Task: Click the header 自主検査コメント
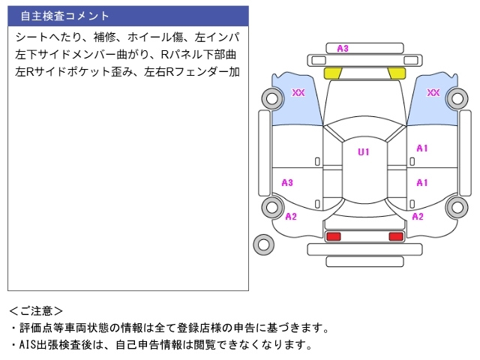(65, 16)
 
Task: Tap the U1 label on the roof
(363, 152)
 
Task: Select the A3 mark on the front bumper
(343, 49)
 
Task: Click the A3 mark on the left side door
(287, 182)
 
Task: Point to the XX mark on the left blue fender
(298, 93)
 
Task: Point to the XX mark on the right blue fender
(433, 93)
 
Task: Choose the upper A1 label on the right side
(422, 148)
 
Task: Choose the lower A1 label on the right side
(422, 182)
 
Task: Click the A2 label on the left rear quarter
(291, 217)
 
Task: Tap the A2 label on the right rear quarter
(418, 217)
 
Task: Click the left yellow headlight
(331, 73)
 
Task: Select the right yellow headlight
(396, 73)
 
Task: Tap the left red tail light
(333, 237)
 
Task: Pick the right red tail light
(395, 237)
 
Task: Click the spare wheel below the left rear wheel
(263, 243)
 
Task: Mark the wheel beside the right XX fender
(456, 98)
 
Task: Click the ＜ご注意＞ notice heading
(36, 310)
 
